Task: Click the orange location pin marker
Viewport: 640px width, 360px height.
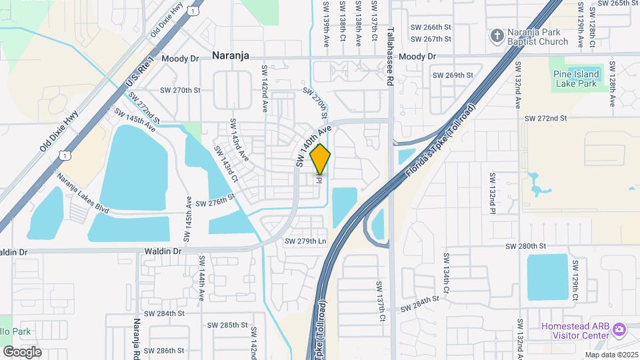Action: (x=320, y=159)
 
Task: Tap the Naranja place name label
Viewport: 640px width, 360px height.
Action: (x=231, y=56)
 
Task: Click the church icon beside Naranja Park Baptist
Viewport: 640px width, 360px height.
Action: (x=497, y=35)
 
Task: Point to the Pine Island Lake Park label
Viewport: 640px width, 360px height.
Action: (x=575, y=78)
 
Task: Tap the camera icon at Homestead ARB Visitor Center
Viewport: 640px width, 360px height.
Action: (x=620, y=330)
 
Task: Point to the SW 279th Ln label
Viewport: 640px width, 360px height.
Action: (x=305, y=241)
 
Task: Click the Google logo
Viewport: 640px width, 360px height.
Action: (x=22, y=351)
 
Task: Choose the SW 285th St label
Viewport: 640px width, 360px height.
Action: (x=228, y=325)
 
